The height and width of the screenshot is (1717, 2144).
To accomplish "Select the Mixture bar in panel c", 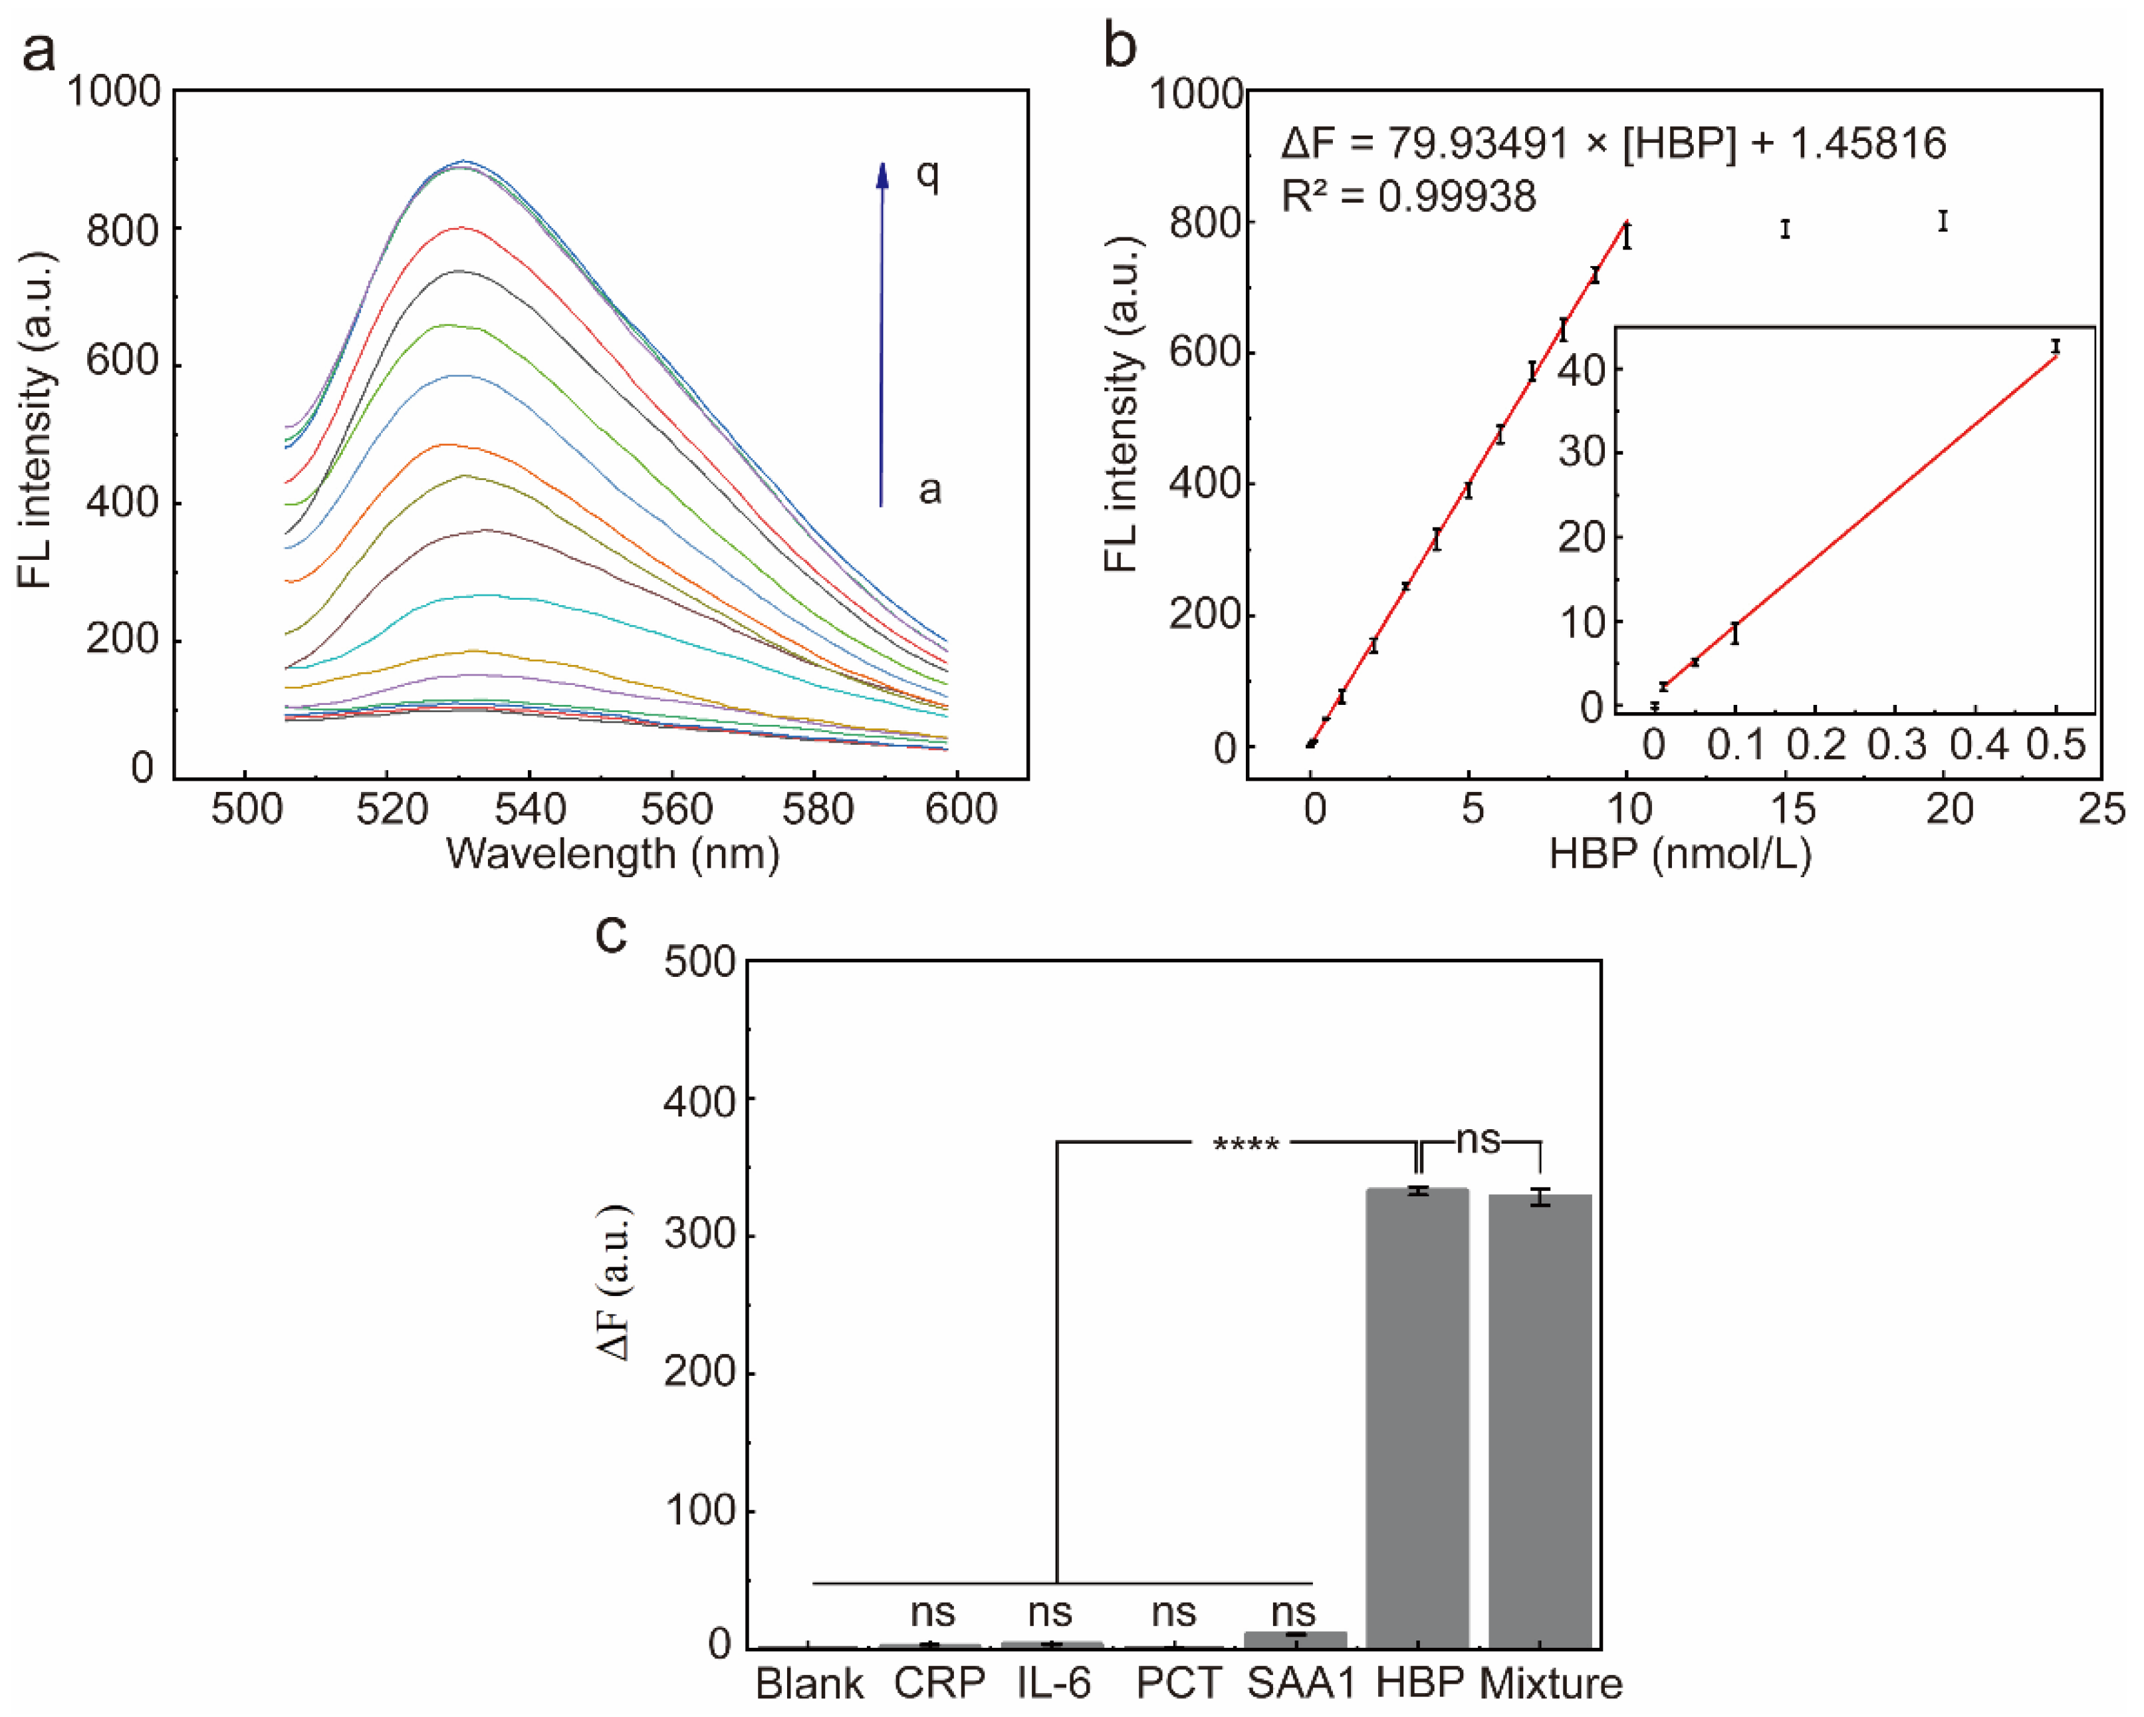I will tap(1540, 1422).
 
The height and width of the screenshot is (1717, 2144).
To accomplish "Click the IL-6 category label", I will tap(1053, 1683).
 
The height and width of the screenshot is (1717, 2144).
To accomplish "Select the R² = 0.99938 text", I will tap(1408, 196).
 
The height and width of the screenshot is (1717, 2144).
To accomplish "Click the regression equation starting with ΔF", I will tap(1612, 143).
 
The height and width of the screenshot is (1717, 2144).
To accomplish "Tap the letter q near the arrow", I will tap(927, 174).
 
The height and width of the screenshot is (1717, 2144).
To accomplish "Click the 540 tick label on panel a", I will tap(530, 809).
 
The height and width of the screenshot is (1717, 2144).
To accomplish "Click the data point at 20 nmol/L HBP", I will tap(1942, 221).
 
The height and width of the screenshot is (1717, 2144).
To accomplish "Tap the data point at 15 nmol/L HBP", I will tap(1785, 229).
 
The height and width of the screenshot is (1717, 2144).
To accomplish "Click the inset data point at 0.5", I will tap(2056, 346).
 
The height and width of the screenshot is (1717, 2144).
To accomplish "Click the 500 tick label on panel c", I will tap(699, 962).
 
